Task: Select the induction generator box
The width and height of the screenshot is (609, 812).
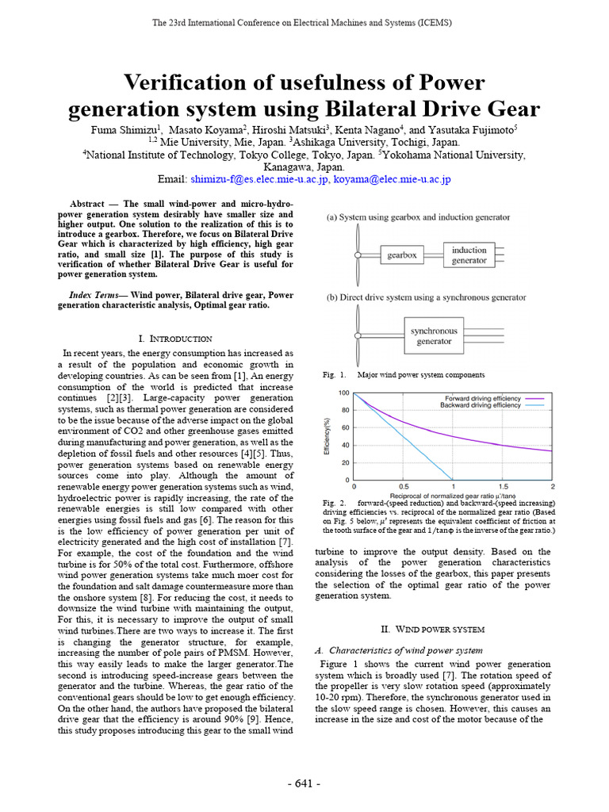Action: pos(469,255)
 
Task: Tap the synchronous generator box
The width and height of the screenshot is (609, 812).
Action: pos(433,336)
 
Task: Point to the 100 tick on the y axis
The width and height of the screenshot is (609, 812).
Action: pos(343,393)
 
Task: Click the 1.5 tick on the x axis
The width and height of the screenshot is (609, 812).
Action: pos(503,487)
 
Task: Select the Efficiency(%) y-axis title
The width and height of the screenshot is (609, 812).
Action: pos(327,436)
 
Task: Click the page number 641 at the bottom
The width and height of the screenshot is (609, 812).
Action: pos(303,784)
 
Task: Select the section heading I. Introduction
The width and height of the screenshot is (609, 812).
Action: pos(174,339)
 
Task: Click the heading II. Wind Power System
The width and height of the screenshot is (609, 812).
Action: pos(432,629)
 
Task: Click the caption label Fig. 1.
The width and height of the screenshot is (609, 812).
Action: pos(335,374)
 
